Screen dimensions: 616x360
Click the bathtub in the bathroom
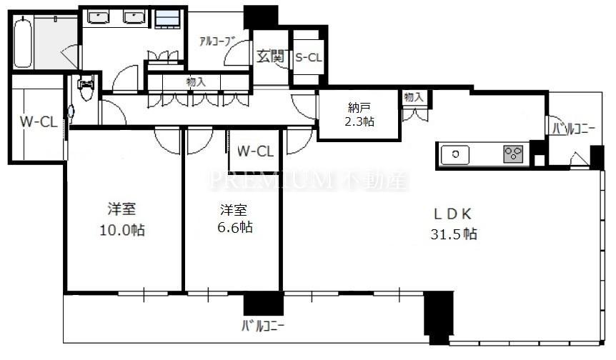[22, 43]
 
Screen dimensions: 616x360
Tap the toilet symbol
[86, 87]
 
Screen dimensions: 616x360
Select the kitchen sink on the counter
[455, 154]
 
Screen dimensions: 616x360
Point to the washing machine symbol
[167, 19]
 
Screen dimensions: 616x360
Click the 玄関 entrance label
[271, 56]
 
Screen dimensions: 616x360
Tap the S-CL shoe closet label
[309, 58]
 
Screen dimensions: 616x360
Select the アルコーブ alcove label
[217, 41]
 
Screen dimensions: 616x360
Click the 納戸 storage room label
[359, 106]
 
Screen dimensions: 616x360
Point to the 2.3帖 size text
[359, 121]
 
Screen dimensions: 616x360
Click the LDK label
[452, 214]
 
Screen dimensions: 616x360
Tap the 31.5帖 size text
[454, 234]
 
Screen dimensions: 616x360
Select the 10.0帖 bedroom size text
[121, 230]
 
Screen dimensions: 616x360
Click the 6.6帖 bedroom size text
[235, 227]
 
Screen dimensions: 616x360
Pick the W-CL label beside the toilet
[39, 121]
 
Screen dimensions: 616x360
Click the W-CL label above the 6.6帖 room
[255, 151]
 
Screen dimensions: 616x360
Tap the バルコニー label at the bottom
[263, 326]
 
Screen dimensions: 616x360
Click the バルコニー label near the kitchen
[574, 129]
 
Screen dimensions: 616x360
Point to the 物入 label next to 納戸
[414, 96]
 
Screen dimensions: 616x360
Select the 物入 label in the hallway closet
[196, 82]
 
